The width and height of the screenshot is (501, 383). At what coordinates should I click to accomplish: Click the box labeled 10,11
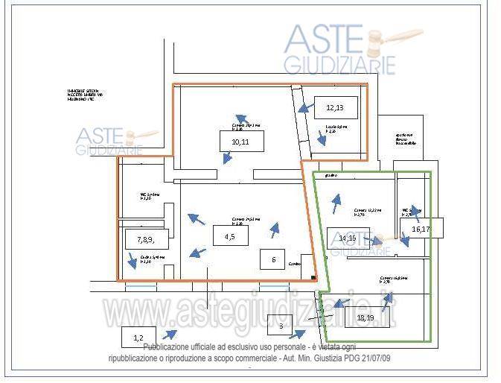pyautogui.click(x=240, y=141)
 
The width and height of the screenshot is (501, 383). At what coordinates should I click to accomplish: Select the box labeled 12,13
pyautogui.click(x=335, y=107)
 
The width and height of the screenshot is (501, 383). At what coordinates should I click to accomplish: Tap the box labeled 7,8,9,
pyautogui.click(x=144, y=238)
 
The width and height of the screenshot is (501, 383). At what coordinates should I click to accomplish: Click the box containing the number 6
pyautogui.click(x=273, y=259)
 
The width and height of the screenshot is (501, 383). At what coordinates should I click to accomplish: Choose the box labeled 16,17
pyautogui.click(x=421, y=227)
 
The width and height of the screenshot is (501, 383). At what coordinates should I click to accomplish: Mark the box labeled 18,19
pyautogui.click(x=365, y=317)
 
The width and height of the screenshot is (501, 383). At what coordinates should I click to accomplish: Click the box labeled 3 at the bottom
pyautogui.click(x=281, y=326)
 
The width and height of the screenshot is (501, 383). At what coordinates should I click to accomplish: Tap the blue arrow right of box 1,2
pyautogui.click(x=170, y=334)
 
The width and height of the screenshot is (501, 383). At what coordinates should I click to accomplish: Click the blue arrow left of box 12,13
pyautogui.click(x=303, y=109)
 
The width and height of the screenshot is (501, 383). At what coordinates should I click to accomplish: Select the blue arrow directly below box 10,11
pyautogui.click(x=227, y=158)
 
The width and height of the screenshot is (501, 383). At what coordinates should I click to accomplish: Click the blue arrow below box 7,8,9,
pyautogui.click(x=133, y=261)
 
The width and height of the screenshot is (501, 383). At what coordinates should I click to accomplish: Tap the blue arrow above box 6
pyautogui.click(x=275, y=230)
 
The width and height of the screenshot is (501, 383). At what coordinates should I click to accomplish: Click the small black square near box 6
pyautogui.click(x=314, y=278)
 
